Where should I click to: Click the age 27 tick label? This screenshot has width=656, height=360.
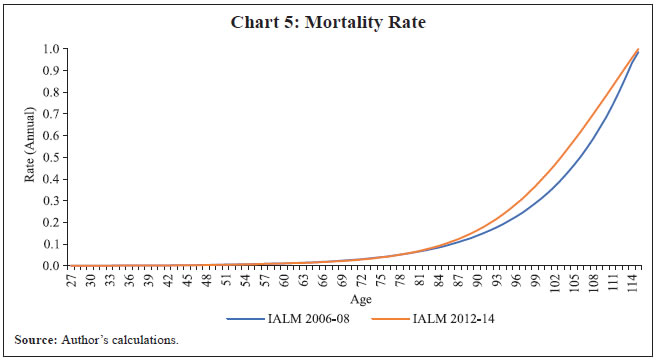click(x=70, y=283)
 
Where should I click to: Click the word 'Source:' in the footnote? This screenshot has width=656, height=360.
click(x=35, y=342)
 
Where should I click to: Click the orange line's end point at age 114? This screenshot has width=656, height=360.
click(x=638, y=49)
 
